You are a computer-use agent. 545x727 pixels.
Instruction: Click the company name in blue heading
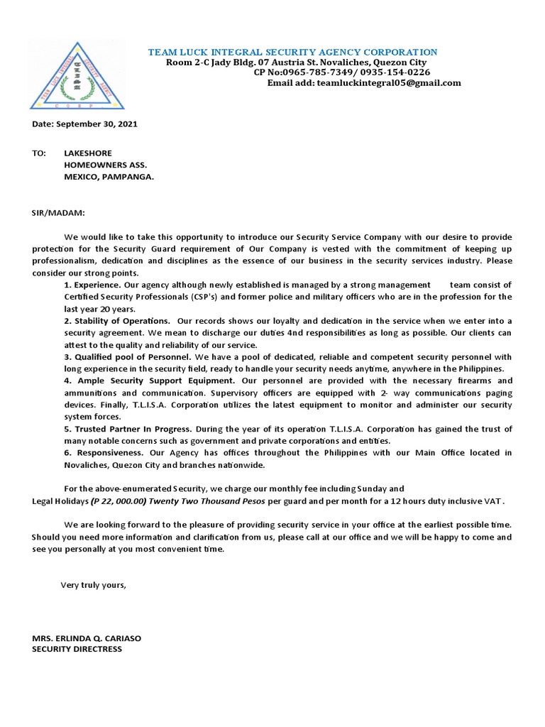click(x=292, y=53)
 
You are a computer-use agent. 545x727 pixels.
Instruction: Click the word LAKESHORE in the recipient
click(x=88, y=153)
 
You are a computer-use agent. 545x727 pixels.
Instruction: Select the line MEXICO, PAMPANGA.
click(x=109, y=177)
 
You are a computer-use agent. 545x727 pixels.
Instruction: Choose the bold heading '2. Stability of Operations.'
click(x=117, y=322)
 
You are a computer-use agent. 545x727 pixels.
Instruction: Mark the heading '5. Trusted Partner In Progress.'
click(x=128, y=429)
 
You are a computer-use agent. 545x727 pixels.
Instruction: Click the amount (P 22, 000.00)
click(x=119, y=501)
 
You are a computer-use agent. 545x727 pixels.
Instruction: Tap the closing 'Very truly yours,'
click(x=93, y=585)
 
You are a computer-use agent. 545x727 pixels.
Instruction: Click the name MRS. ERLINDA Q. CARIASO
click(x=87, y=638)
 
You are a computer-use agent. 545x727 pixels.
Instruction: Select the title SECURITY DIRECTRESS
click(x=77, y=649)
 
